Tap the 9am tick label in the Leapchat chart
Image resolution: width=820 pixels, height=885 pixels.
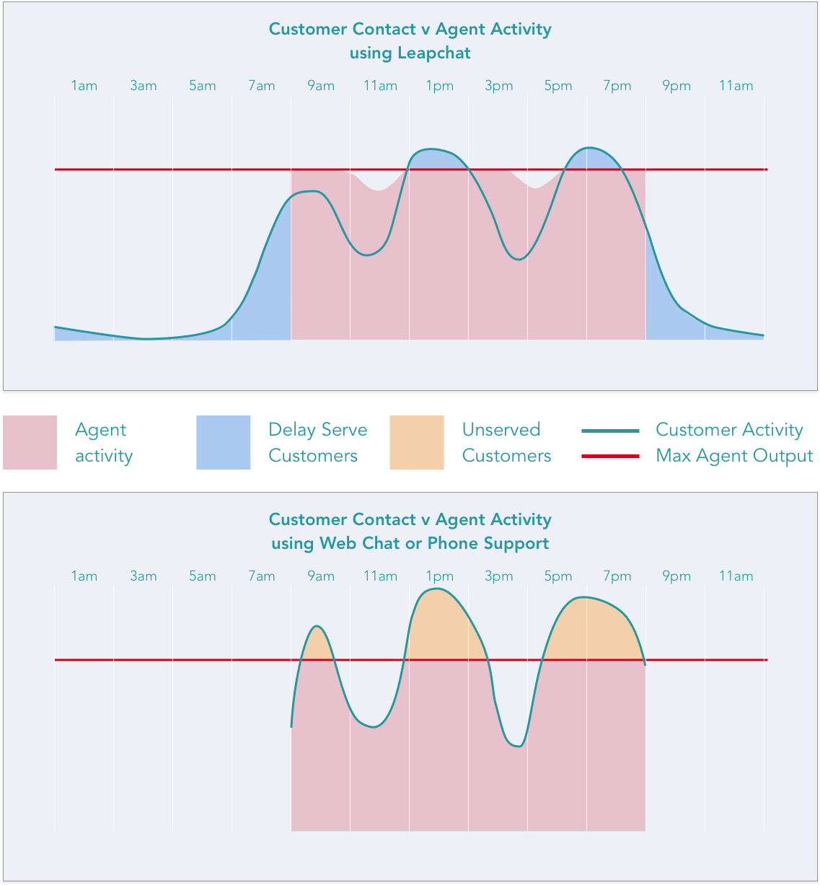(321, 86)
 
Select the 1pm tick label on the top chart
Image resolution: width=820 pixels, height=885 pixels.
(439, 86)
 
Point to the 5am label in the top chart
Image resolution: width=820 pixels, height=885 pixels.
(203, 86)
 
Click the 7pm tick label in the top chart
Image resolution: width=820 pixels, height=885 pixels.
(617, 86)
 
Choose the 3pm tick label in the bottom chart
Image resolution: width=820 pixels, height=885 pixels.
(498, 576)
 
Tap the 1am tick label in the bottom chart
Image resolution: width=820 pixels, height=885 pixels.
(84, 576)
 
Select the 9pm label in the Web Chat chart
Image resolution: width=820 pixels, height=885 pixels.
(676, 576)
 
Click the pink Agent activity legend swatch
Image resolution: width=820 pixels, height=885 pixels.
(30, 442)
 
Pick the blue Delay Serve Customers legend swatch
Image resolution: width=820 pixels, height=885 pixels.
(224, 442)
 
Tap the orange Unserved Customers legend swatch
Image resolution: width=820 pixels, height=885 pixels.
(417, 442)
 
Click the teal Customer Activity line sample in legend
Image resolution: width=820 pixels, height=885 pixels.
(610, 431)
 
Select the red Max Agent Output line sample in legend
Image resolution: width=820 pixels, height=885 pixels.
(610, 456)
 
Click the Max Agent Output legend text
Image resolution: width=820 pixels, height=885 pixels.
(734, 456)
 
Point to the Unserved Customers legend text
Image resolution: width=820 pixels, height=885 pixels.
(506, 443)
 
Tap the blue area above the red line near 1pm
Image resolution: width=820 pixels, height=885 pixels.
(436, 159)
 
